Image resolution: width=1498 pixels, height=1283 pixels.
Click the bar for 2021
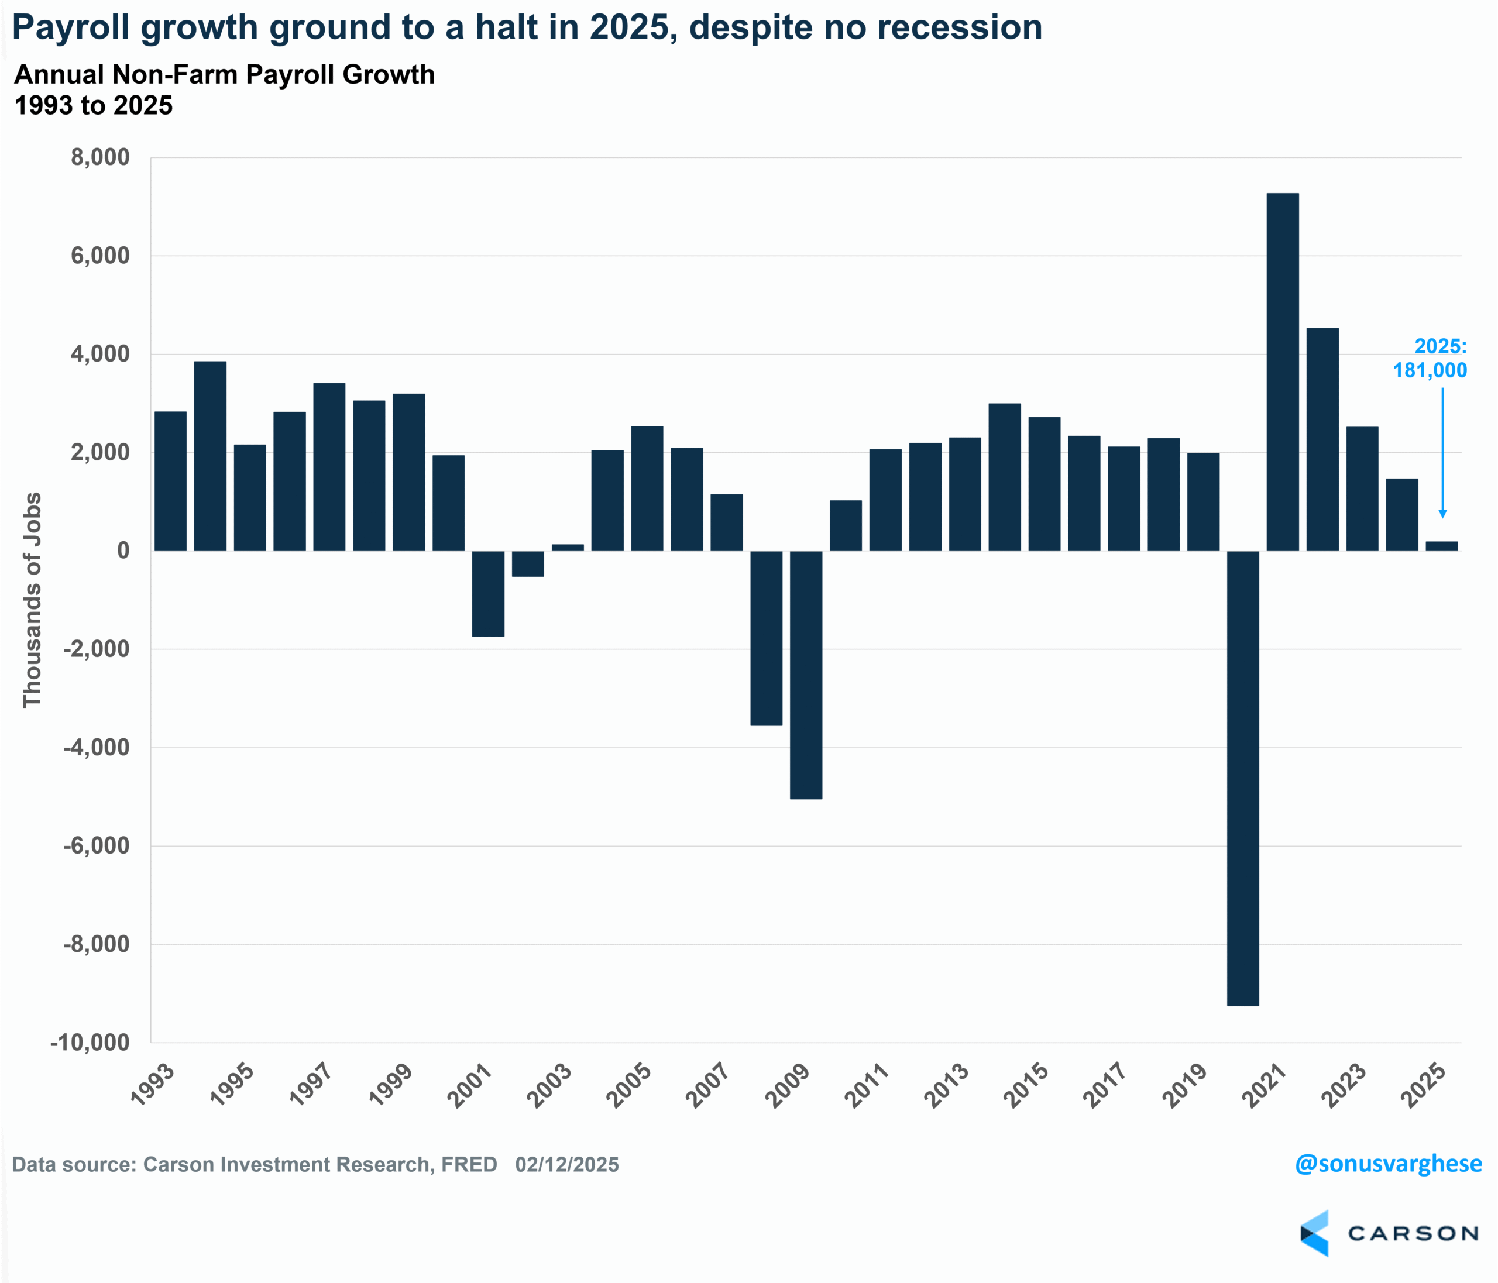(1283, 372)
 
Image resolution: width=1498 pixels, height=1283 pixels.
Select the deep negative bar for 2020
(1243, 778)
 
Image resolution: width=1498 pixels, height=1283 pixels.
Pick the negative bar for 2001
(488, 593)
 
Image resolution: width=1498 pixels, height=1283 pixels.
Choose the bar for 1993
(171, 481)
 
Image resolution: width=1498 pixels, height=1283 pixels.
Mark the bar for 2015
(1044, 484)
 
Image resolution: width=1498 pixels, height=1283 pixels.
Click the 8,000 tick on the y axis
(101, 157)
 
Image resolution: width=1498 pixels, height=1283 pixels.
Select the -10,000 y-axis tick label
(90, 1043)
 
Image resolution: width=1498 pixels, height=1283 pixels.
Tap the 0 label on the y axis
(123, 551)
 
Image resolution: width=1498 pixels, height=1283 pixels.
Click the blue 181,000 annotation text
(1430, 370)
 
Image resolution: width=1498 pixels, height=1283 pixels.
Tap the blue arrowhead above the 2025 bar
(1442, 513)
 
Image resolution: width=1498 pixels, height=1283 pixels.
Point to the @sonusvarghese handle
(1388, 1164)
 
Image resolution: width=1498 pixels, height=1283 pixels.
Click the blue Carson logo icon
(1314, 1233)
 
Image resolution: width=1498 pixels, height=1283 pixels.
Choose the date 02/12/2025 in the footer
(567, 1164)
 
